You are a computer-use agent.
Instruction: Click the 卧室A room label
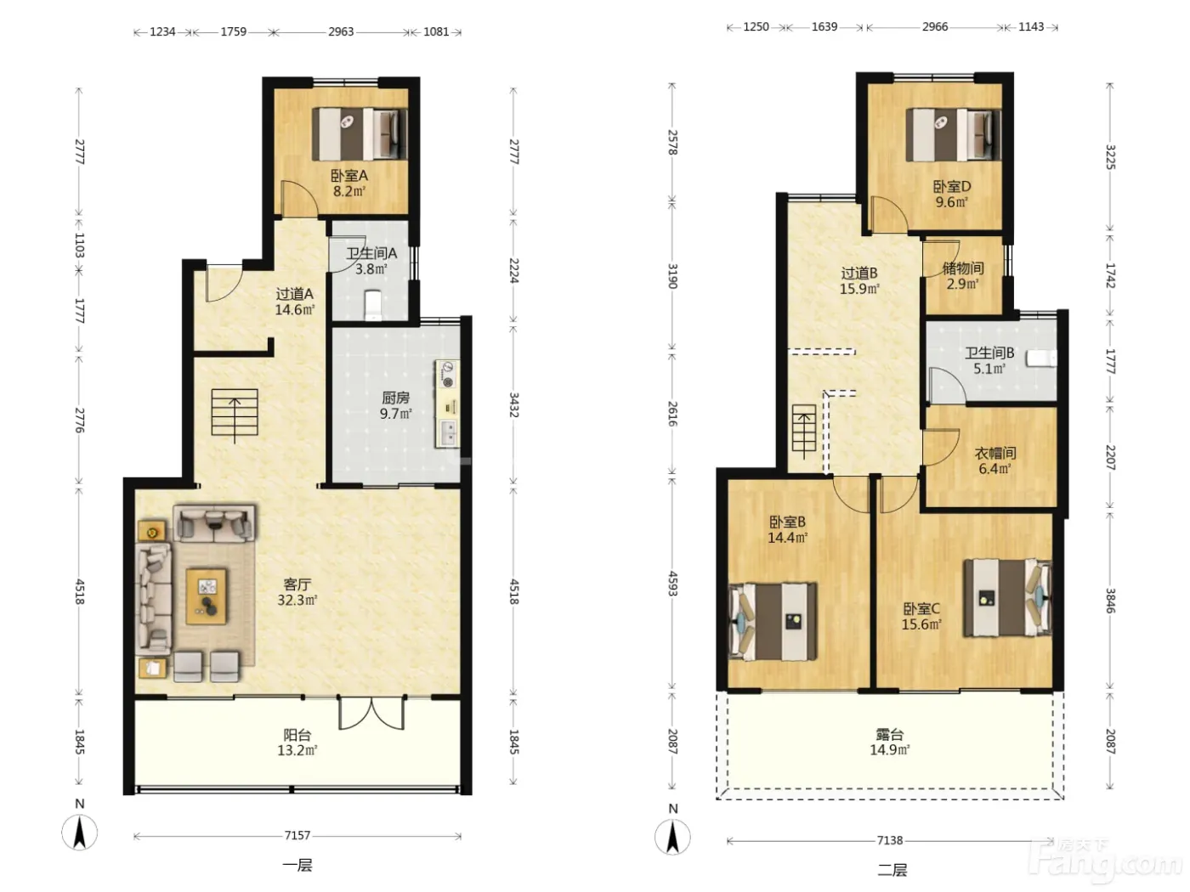(349, 176)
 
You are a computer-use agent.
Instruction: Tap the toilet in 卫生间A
(373, 304)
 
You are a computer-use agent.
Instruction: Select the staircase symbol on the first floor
(235, 414)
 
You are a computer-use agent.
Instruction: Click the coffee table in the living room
(207, 596)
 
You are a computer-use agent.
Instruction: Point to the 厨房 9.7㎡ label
(395, 406)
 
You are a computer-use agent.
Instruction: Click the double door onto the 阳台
(371, 713)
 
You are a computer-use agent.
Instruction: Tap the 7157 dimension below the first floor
(297, 836)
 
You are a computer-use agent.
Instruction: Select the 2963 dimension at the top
(341, 32)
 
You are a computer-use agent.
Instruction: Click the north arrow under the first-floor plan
(80, 832)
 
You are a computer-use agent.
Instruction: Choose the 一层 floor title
(297, 866)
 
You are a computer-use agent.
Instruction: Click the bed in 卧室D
(953, 135)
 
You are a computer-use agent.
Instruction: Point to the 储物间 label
(963, 268)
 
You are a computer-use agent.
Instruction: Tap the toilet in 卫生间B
(1043, 358)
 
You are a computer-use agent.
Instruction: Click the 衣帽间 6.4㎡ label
(994, 460)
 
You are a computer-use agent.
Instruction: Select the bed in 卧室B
(773, 622)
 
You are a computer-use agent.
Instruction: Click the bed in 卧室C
(1007, 597)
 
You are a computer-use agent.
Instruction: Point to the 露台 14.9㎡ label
(890, 742)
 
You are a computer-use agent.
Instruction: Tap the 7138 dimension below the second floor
(890, 840)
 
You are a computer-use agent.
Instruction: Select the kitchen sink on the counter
(448, 433)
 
